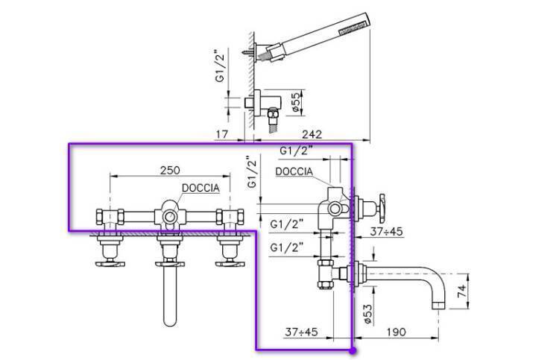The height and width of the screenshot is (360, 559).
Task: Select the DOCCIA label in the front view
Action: coord(198,189)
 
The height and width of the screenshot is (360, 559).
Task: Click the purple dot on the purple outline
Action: coord(353,348)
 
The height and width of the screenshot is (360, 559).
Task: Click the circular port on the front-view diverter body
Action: coord(170,217)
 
